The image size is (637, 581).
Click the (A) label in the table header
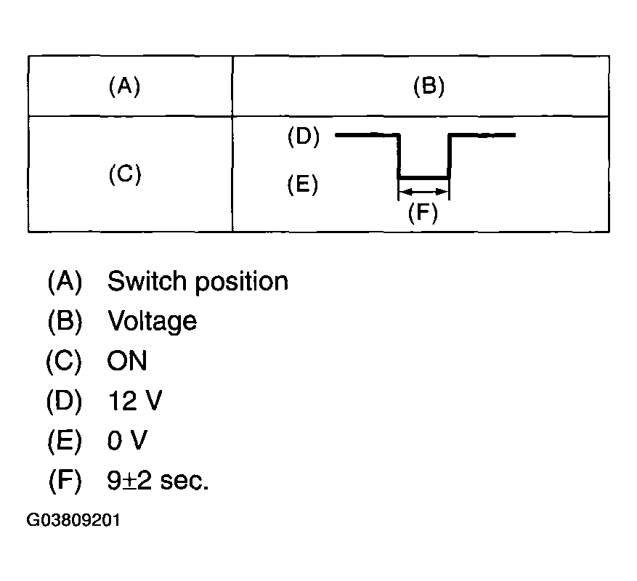[124, 86]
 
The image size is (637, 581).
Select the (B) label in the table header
[429, 86]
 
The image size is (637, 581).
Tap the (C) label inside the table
[125, 174]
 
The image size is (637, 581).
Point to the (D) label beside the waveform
[304, 136]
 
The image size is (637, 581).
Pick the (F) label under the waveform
[423, 213]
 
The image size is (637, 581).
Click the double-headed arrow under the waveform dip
[423, 191]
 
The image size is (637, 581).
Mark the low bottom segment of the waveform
[423, 178]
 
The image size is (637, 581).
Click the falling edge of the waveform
[399, 156]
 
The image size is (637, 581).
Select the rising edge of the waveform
[450, 156]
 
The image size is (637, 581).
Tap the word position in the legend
[242, 282]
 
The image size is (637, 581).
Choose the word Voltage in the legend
[153, 322]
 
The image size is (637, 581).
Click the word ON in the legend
[127, 360]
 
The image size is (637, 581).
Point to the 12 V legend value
[135, 400]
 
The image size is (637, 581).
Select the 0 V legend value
[127, 440]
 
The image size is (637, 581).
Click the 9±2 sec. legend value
[158, 480]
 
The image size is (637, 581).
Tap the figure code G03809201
[73, 520]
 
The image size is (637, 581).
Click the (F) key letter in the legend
[65, 481]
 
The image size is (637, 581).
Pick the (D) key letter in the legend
[65, 401]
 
